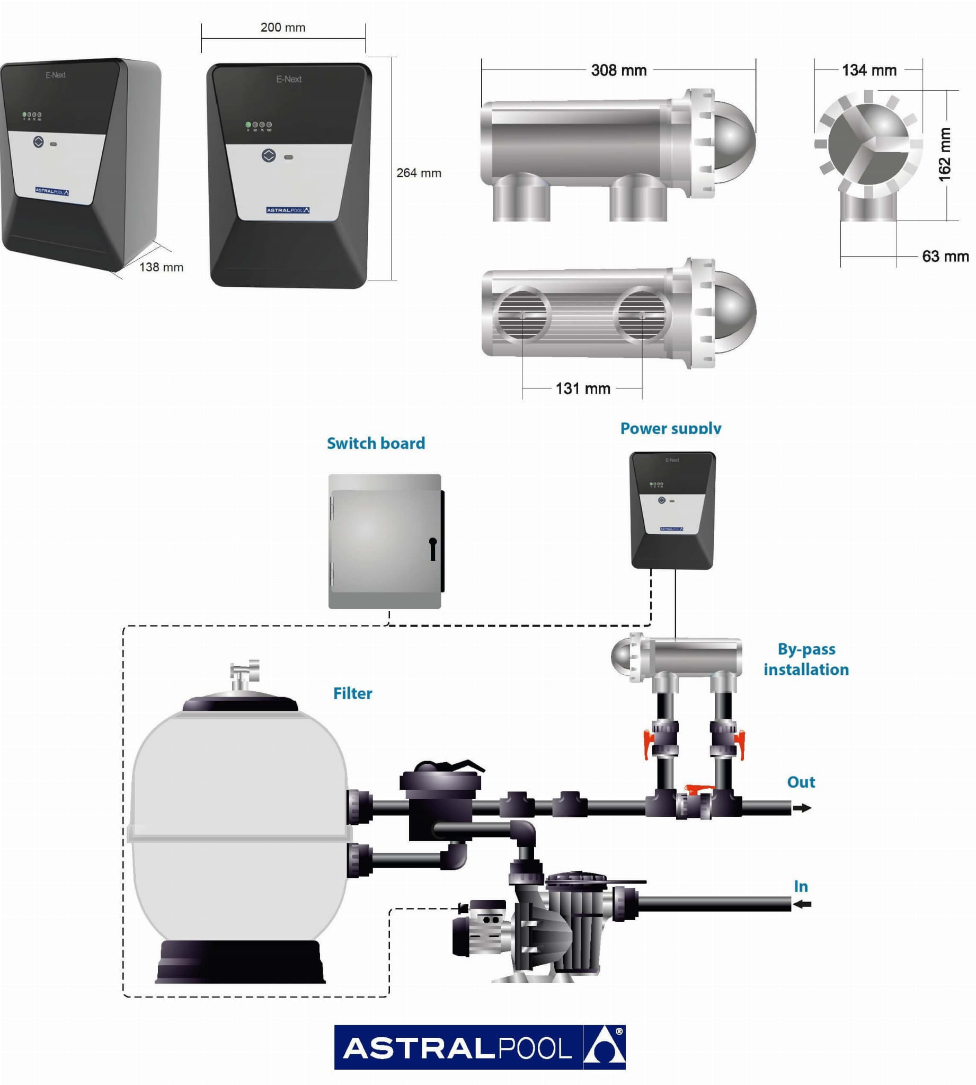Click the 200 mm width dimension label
pos(282,28)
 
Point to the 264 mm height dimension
pos(418,173)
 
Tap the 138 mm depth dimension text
pos(161,267)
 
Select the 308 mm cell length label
pos(618,70)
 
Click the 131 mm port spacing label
pos(582,389)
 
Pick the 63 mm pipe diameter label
pos(945,257)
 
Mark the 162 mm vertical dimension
pos(944,154)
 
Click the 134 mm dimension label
pos(869,70)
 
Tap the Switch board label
pos(376,443)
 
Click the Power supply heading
pos(670,428)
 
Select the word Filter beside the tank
pos(352,693)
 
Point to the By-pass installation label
pos(806,659)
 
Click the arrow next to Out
pos(802,808)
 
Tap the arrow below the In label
pos(802,904)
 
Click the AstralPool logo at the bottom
pos(480,1047)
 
